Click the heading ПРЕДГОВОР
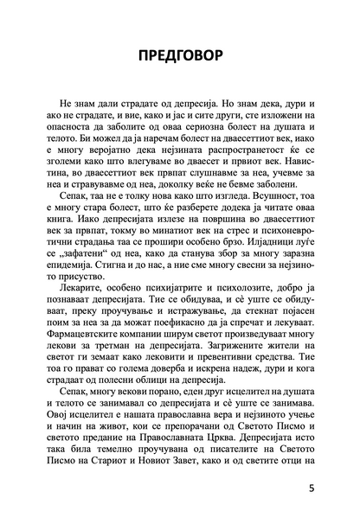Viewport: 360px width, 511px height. point(179,57)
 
